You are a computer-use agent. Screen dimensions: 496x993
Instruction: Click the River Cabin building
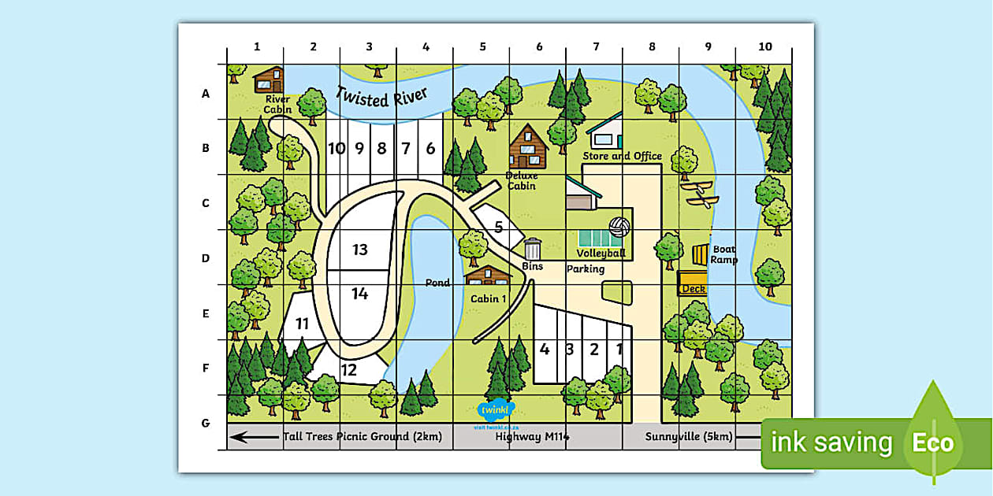tap(269, 80)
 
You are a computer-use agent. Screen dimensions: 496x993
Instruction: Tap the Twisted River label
tap(381, 95)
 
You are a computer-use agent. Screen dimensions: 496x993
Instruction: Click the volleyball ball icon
tap(619, 227)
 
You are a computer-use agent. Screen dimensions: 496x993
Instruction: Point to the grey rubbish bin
tap(533, 249)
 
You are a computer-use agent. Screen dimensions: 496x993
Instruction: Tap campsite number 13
tap(360, 250)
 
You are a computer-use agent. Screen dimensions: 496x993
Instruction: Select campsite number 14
tap(360, 294)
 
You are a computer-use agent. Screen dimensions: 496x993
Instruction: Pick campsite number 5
tap(498, 228)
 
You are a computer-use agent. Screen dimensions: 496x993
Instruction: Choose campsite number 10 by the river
tap(337, 148)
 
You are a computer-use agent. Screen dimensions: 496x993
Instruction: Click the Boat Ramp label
tap(724, 254)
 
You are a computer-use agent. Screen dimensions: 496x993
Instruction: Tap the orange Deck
tap(693, 283)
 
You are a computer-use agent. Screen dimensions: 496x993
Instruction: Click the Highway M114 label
tap(532, 436)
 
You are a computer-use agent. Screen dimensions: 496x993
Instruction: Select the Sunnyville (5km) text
tap(688, 436)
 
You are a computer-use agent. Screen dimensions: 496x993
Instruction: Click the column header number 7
tap(596, 46)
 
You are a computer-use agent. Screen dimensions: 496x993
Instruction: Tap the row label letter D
tap(206, 258)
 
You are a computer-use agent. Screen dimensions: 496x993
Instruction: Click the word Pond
tap(437, 283)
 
